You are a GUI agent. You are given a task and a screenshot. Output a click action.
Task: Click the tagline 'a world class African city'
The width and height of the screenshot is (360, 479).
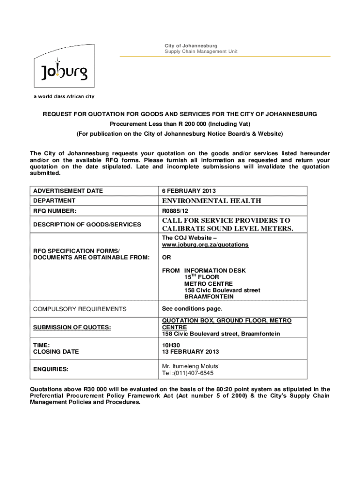pos(64,96)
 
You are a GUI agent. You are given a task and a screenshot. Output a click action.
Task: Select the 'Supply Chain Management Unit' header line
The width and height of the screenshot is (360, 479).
pos(201,51)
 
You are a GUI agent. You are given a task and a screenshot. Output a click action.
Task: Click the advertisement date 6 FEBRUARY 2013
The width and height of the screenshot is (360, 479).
pos(189,191)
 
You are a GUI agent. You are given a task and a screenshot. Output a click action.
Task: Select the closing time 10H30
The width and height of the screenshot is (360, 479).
pos(170,345)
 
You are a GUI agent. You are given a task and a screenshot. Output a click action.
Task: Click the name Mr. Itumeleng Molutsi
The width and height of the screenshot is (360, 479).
pos(191,366)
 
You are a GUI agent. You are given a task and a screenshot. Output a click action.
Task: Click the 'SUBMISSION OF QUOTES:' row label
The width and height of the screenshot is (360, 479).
pos(71,327)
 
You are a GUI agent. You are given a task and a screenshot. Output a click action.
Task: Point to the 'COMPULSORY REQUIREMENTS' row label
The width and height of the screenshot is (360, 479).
pos(79,309)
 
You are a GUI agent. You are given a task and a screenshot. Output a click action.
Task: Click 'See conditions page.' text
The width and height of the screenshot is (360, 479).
pos(192,309)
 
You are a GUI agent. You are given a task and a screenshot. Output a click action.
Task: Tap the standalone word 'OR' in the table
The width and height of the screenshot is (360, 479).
pos(166,258)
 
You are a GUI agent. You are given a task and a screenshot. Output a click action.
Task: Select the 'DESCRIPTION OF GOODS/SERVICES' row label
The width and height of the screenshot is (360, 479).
pos(87,225)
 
